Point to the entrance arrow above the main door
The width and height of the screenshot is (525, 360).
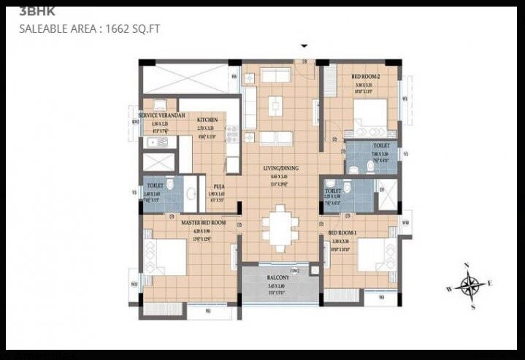[x=304, y=46]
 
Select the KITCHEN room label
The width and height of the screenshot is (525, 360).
[x=207, y=119]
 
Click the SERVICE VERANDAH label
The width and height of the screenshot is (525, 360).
[x=162, y=116]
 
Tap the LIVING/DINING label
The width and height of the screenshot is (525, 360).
[x=280, y=168]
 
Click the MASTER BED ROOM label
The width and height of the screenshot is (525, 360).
[x=204, y=222]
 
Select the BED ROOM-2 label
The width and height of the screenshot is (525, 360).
[x=365, y=76]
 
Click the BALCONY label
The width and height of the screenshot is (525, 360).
[x=279, y=277]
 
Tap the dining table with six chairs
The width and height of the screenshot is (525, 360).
[x=279, y=227]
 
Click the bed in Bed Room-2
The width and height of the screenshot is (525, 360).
[x=370, y=115]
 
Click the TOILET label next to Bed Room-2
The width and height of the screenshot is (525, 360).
[x=381, y=145]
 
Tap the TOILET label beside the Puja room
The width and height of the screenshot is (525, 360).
[x=155, y=185]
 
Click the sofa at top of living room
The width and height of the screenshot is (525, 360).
[x=277, y=75]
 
